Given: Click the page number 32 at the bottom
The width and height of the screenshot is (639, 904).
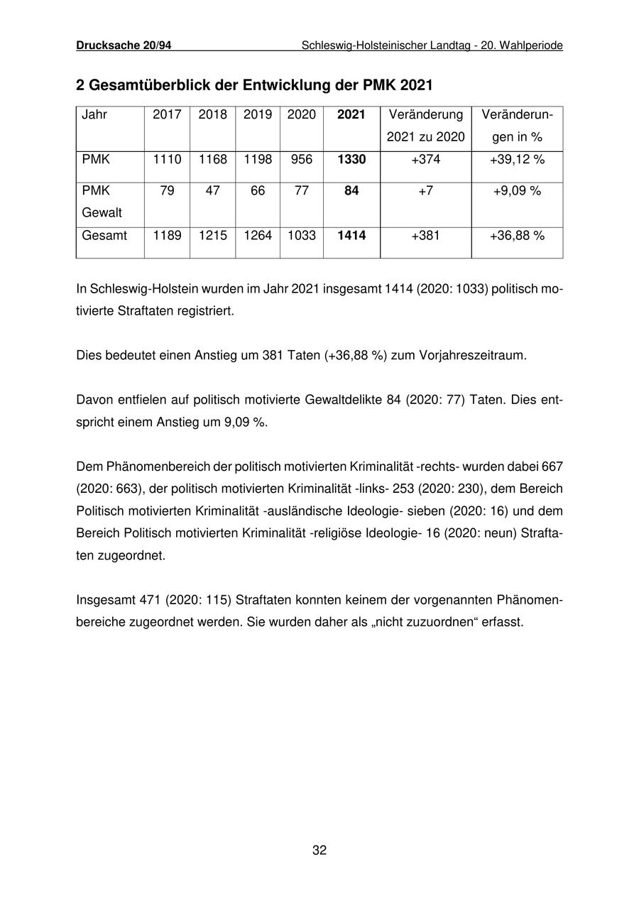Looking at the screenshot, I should tap(319, 850).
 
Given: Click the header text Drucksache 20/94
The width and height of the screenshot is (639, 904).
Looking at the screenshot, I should tap(124, 45).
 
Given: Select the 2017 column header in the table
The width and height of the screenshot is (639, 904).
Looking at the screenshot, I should tap(167, 114).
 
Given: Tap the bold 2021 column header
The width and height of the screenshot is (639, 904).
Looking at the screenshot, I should tap(351, 114).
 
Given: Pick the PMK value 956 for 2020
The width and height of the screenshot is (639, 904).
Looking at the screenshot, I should tap(302, 160).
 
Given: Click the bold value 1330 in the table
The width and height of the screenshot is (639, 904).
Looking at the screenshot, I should tap(351, 160).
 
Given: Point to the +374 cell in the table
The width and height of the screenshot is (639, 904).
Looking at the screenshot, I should tap(425, 160).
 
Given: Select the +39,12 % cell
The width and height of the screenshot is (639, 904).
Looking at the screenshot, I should tap(517, 160).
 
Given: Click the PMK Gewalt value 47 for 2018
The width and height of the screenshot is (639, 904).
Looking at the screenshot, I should tap(212, 191).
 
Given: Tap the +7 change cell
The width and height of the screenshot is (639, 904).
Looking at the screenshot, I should tap(425, 191).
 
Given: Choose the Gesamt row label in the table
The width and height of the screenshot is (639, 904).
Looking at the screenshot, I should tap(104, 235).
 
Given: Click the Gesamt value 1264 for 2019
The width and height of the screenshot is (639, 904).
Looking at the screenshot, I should tap(258, 235).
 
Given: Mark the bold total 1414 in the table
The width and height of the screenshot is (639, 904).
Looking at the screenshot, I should tap(351, 235).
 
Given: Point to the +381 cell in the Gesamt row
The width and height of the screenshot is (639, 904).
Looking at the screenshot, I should tap(425, 235).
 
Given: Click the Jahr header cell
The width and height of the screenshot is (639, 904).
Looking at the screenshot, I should tap(94, 114).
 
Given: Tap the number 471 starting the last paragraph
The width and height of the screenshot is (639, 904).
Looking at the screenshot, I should tap(151, 600).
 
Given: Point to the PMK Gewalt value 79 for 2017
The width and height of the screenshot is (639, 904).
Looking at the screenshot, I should tap(167, 191).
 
